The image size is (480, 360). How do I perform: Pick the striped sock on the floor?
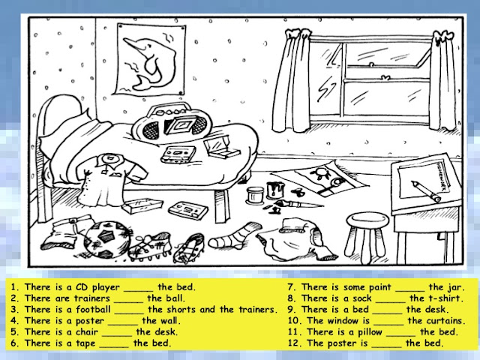[x=234, y=236]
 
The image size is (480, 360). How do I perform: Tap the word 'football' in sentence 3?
[x=90, y=309]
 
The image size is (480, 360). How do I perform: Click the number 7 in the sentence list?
[x=290, y=286]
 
